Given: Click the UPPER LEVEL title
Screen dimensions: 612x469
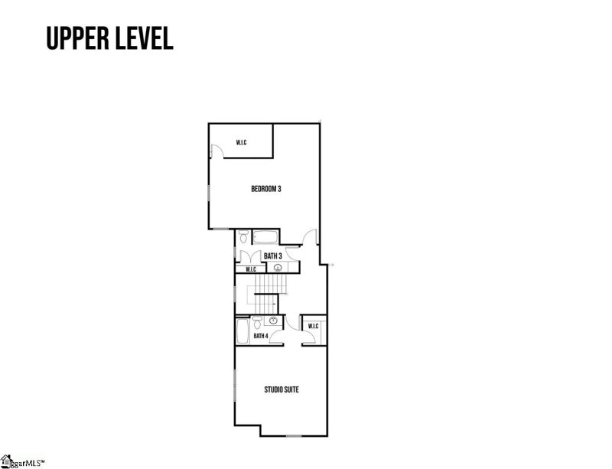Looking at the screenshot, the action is pyautogui.click(x=109, y=38).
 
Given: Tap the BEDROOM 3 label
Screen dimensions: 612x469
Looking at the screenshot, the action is pyautogui.click(x=266, y=189).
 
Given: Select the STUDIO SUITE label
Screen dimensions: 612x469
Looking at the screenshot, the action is pyautogui.click(x=282, y=389).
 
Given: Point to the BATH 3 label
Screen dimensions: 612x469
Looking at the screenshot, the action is pyautogui.click(x=273, y=256).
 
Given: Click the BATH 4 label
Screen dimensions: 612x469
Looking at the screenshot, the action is pyautogui.click(x=261, y=336).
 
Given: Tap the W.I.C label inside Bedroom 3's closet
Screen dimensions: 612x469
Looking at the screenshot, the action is pyautogui.click(x=241, y=142).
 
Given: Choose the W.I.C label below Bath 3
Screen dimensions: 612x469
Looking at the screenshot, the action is pyautogui.click(x=251, y=269).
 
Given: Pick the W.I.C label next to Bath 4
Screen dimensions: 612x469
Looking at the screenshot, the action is pyautogui.click(x=314, y=326).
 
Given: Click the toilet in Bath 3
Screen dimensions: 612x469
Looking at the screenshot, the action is pyautogui.click(x=244, y=236).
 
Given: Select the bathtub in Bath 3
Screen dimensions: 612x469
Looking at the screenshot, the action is pyautogui.click(x=265, y=237).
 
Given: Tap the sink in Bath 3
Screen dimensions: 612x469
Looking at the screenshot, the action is pyautogui.click(x=278, y=268).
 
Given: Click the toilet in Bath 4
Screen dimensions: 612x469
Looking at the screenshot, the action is pyautogui.click(x=257, y=323).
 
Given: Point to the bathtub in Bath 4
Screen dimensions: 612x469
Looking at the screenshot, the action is pyautogui.click(x=243, y=331).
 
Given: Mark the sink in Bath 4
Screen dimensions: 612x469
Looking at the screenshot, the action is pyautogui.click(x=273, y=321).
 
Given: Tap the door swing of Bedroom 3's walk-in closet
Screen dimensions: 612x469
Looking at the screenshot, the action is pyautogui.click(x=217, y=151).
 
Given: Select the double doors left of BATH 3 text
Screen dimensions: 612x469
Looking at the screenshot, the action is pyautogui.click(x=250, y=256).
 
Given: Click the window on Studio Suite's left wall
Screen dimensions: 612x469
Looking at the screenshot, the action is pyautogui.click(x=235, y=385).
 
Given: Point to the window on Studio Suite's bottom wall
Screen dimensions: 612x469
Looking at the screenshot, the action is pyautogui.click(x=294, y=435).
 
